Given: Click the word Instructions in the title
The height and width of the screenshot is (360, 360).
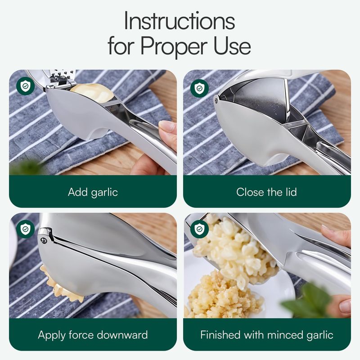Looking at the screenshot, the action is point(179,21).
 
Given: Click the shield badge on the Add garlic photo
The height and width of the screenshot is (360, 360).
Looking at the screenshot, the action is point(26,86).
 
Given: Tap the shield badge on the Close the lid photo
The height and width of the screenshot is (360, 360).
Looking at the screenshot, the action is point(199,88).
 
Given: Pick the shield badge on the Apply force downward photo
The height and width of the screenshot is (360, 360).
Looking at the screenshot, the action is point(26,229).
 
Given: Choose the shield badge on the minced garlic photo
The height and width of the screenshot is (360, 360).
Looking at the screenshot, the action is point(199,229).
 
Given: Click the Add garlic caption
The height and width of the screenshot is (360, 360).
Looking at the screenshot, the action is point(93,193).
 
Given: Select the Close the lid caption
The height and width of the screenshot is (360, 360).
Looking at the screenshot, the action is point(266,192).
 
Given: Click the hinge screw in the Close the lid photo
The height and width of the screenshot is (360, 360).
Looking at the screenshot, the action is point(216,99).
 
